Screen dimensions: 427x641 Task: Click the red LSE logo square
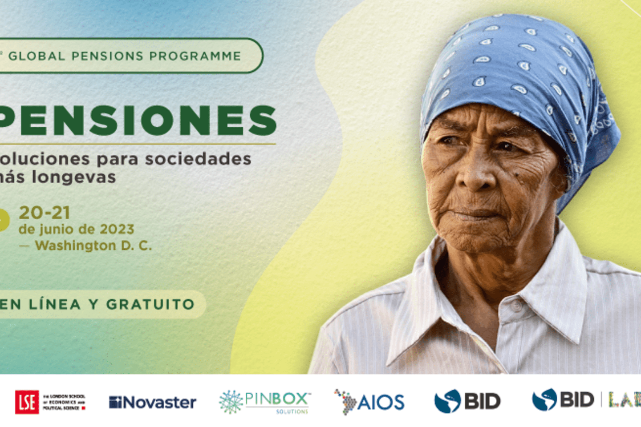point(27,402)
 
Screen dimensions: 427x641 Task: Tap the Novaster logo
point(152,403)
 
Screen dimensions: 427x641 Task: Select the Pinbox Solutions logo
point(265,402)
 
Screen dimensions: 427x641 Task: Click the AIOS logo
point(369,402)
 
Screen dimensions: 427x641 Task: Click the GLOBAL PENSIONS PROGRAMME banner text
point(125,56)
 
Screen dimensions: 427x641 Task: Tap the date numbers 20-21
point(45,213)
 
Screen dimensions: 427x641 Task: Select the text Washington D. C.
point(93,246)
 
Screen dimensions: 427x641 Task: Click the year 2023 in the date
point(117,229)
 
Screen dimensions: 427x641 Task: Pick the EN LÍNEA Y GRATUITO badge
point(98,304)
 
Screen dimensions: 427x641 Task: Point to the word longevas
point(73,177)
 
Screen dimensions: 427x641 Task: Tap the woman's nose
point(475,178)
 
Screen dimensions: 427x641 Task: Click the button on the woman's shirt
point(516,306)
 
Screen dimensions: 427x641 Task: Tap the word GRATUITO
point(150,304)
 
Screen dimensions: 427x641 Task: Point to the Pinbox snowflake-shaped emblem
point(231,402)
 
